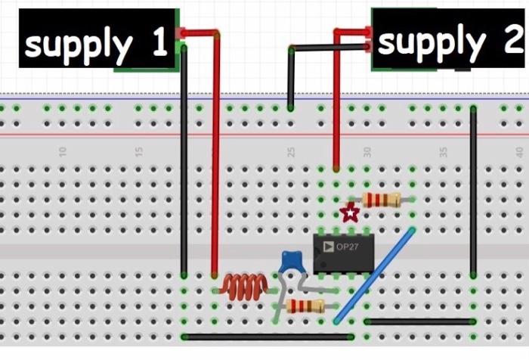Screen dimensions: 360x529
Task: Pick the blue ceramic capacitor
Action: pyautogui.click(x=290, y=262)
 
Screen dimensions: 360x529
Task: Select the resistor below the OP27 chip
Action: pyautogui.click(x=306, y=306)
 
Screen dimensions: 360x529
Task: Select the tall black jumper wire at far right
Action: pyautogui.click(x=473, y=189)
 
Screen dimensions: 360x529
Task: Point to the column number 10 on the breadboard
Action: pyautogui.click(x=63, y=151)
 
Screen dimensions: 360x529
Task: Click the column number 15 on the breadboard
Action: pyautogui.click(x=139, y=151)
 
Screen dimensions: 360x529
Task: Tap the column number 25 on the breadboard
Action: pyautogui.click(x=291, y=151)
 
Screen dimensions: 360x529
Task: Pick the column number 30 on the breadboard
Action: pyautogui.click(x=367, y=151)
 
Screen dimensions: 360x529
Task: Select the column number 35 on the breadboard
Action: pyautogui.click(x=444, y=151)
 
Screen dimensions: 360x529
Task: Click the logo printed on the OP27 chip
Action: pyautogui.click(x=328, y=247)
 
